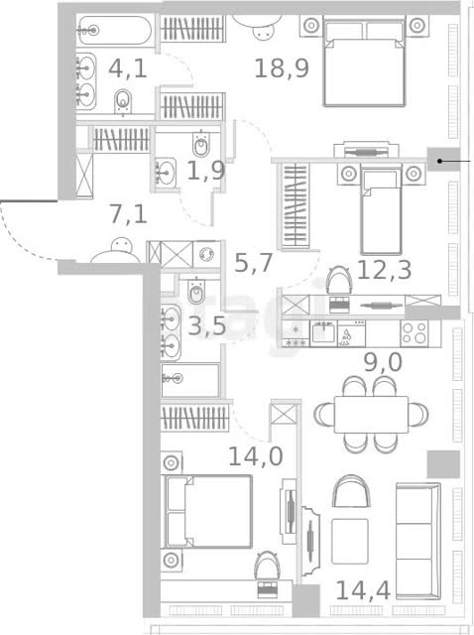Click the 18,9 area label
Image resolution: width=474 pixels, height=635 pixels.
282,68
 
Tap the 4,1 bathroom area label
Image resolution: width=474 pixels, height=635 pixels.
128,68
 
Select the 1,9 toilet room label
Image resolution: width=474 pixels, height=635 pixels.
206,171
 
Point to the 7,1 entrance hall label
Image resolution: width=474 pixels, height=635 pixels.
128,214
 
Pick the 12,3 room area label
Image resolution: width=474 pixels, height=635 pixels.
384,270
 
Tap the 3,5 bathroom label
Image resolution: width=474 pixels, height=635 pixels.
207,325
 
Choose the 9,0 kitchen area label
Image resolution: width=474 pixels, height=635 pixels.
383,362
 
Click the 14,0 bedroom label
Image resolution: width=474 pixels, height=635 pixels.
256,456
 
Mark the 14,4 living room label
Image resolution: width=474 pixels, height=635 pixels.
363,590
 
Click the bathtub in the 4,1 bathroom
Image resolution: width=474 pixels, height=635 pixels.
115,31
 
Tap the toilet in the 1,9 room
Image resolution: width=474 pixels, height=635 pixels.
200,144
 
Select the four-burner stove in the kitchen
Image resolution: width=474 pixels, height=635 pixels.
415,333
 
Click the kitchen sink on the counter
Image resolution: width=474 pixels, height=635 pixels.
323,332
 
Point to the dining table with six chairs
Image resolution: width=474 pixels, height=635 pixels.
371,415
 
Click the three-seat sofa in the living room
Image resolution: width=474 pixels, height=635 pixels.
418,541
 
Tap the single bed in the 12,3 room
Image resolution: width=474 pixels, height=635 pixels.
381,211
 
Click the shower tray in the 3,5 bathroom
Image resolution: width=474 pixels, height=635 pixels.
190,380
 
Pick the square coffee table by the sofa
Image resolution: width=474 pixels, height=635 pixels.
350,542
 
